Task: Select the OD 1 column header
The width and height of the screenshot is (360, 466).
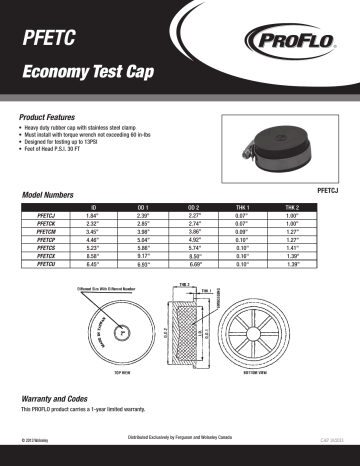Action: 142,205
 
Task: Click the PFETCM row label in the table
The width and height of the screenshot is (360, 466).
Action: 47,231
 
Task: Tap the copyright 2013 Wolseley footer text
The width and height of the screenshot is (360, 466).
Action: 34,439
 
